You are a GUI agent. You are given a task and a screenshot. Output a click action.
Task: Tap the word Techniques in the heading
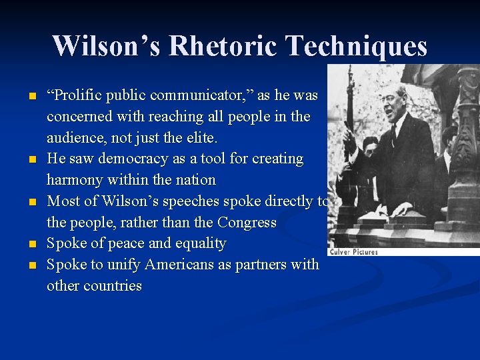tap(356, 46)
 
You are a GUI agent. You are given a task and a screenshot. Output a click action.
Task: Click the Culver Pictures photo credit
tap(353, 251)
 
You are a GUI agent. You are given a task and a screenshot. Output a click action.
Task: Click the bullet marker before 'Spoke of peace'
tap(31, 244)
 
